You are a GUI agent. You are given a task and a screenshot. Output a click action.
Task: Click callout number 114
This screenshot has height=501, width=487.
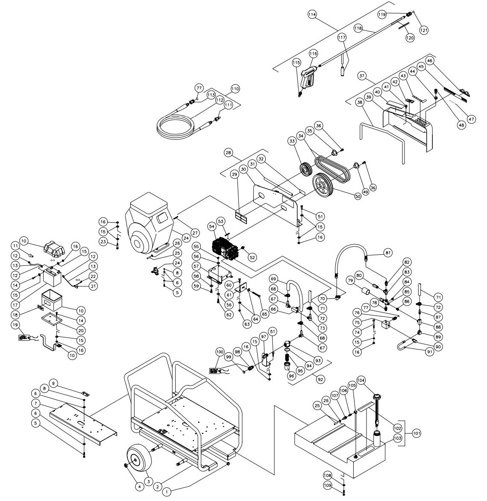point(312,15)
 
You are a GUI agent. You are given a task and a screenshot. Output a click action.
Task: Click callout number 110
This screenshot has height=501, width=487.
point(235,89)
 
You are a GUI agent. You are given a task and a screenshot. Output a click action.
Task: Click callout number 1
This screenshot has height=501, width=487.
point(167,492)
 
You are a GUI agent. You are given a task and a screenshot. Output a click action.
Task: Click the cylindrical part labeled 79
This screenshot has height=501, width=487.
point(366,292)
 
